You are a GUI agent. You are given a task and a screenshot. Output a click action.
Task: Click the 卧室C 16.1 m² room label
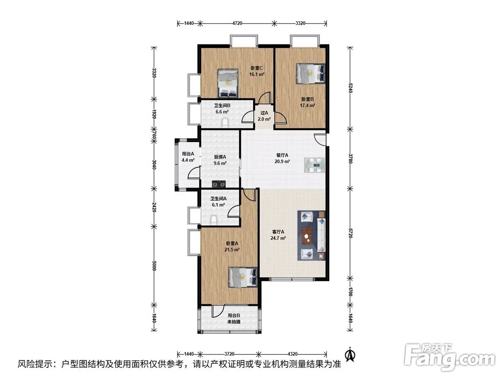click(257, 71)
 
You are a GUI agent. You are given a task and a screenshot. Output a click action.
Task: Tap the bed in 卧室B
click(310, 73)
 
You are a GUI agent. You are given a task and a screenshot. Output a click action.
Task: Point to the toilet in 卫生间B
click(225, 123)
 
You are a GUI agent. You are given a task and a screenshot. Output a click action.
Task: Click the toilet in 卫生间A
click(213, 220)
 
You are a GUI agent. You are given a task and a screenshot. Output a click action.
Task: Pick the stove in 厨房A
click(219, 184)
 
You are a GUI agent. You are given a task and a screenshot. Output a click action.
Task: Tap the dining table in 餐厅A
click(314, 165)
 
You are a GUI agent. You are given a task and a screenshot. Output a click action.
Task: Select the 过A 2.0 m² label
click(264, 116)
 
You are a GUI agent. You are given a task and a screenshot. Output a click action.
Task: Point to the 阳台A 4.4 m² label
click(187, 157)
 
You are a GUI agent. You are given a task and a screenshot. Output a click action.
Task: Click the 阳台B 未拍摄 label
click(234, 319)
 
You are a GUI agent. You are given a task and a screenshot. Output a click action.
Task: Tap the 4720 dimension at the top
click(237, 23)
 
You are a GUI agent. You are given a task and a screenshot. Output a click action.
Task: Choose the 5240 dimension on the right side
click(350, 88)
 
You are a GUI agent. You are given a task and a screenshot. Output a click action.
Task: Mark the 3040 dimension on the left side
click(154, 165)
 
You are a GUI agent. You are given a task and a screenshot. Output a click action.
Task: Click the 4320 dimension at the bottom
click(292, 354)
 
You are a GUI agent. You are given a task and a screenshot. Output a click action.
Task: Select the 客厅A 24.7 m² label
click(278, 235)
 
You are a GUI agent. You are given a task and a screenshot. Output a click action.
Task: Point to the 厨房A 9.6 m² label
click(220, 160)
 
